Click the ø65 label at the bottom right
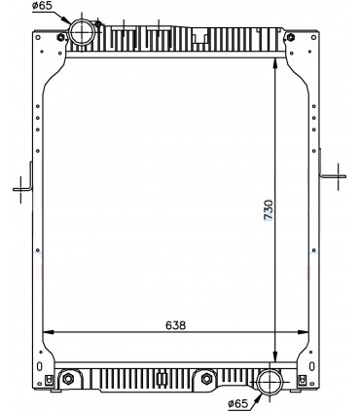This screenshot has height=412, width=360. click(238, 402)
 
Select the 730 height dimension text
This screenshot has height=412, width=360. click(268, 209)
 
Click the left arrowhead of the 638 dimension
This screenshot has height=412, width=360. click(53, 332)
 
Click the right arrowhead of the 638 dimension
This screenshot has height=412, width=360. click(296, 332)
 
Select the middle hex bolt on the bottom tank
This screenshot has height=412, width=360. click(206, 379)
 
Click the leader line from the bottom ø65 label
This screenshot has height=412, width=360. click(257, 393)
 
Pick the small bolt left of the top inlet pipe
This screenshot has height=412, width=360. click(61, 38)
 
